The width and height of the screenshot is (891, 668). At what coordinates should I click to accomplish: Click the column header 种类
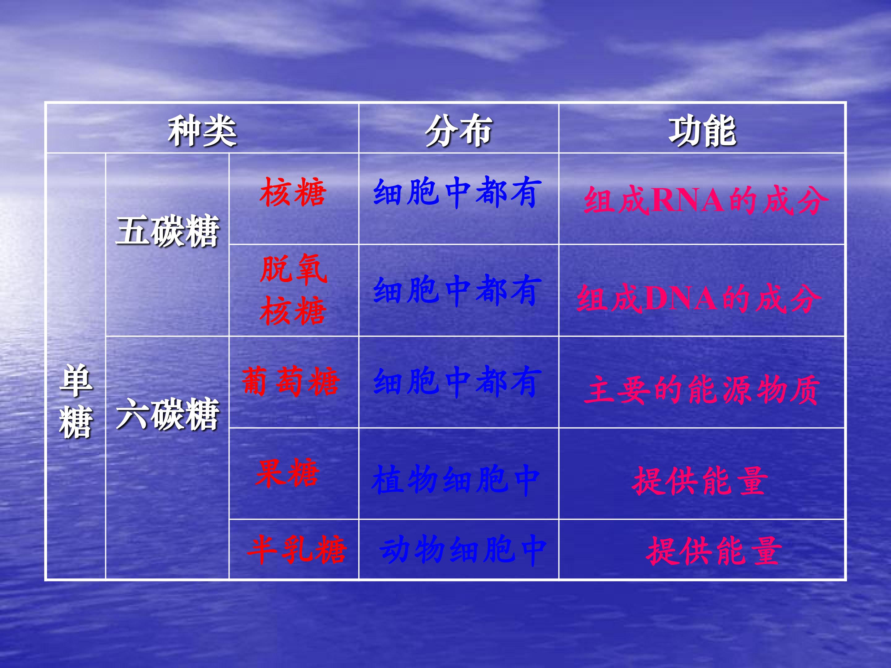point(202,131)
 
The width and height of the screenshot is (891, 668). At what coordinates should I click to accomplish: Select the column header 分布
point(458,131)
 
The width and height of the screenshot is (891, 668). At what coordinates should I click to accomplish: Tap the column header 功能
point(702,131)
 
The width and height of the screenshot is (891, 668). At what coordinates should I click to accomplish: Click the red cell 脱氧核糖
point(293,290)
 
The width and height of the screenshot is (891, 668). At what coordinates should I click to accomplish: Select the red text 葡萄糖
point(291,381)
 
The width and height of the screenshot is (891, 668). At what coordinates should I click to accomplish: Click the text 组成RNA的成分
point(706,200)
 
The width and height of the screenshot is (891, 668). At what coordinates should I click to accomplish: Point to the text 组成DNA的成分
point(699,298)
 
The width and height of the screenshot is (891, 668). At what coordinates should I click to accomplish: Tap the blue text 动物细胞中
point(463,550)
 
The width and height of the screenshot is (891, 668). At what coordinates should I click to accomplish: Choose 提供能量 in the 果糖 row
point(700,481)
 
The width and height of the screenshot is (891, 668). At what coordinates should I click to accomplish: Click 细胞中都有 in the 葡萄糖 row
point(455,381)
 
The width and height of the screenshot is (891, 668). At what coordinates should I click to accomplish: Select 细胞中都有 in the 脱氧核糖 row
point(455,290)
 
